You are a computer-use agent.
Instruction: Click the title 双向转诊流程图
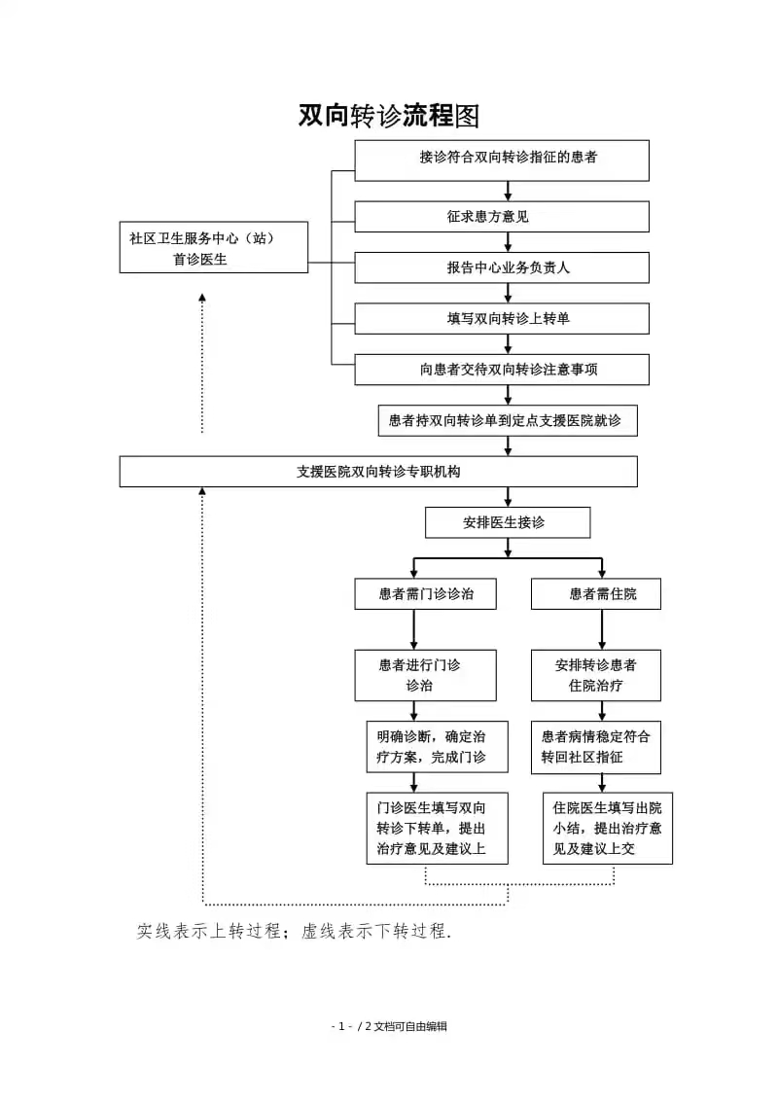(x=389, y=116)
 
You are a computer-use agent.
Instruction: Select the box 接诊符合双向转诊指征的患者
(x=502, y=160)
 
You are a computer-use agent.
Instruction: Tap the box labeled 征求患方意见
(x=502, y=217)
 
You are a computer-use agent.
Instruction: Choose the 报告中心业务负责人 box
(x=502, y=267)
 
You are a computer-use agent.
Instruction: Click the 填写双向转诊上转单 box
(x=502, y=319)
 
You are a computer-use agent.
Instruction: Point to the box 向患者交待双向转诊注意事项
(x=502, y=370)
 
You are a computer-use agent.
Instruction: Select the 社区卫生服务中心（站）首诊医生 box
(x=213, y=247)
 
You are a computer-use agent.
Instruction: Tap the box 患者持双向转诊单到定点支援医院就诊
(x=508, y=420)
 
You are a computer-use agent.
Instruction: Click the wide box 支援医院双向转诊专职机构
(x=378, y=471)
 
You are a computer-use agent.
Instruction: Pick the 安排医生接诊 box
(x=508, y=522)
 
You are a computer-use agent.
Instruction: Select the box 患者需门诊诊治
(x=426, y=594)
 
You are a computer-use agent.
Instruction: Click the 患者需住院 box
(x=596, y=594)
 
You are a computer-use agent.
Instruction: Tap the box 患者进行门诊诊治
(x=426, y=676)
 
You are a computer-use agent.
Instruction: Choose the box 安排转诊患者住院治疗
(x=596, y=676)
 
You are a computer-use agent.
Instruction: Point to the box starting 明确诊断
(x=438, y=747)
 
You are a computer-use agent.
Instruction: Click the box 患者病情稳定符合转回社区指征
(x=596, y=747)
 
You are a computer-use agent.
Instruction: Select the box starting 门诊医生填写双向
(x=438, y=829)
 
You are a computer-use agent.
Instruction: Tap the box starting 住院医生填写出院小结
(x=608, y=829)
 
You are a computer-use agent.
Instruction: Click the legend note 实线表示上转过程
(x=209, y=931)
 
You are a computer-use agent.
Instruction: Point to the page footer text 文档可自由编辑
(x=410, y=1026)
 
